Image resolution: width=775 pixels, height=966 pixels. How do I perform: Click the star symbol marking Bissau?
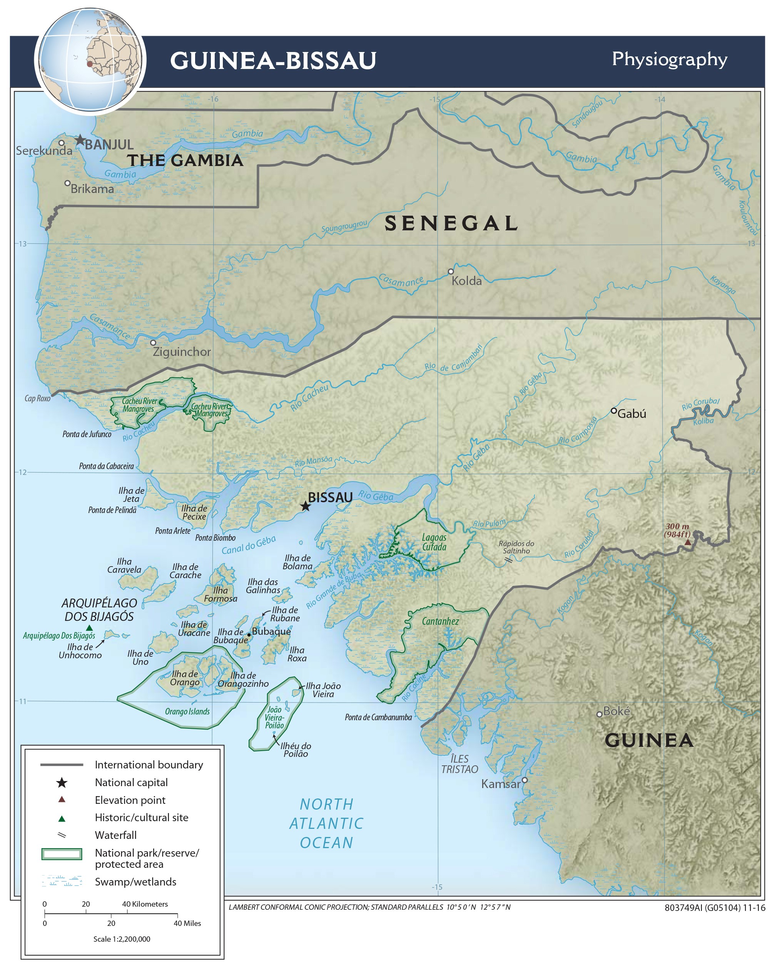305,506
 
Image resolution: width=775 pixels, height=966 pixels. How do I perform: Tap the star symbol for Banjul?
80,140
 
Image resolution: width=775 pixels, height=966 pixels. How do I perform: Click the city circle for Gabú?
614,411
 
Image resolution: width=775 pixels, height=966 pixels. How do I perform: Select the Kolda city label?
466,281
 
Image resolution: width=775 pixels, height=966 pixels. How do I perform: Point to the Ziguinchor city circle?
153,343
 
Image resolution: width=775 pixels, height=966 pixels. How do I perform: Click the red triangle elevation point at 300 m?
688,542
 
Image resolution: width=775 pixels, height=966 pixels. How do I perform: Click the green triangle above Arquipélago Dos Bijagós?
89,628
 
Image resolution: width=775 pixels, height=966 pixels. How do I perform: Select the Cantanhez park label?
440,621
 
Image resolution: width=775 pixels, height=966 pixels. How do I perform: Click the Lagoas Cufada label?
434,542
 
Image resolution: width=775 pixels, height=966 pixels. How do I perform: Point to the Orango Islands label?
187,711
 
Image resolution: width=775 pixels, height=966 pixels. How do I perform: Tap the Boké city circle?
600,714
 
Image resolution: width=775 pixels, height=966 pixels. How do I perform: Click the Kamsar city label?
501,784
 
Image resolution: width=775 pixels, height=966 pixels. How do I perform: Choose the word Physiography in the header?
669,60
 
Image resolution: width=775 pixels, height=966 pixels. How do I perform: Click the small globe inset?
90,60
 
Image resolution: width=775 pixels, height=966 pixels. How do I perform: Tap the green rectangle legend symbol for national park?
62,854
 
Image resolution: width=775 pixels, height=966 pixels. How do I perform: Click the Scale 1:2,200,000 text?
122,939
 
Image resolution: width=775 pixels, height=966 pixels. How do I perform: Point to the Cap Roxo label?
37,398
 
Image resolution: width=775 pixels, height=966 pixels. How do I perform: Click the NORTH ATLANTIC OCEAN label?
326,823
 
